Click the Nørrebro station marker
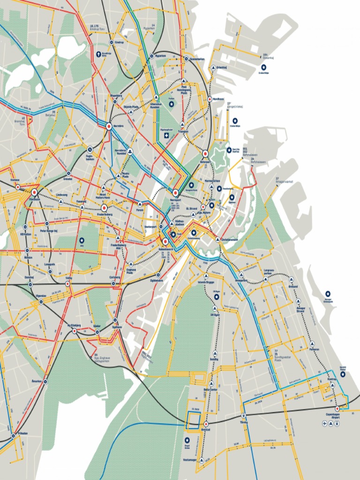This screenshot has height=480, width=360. pos(109,126)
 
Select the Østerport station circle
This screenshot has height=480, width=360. pos(205,153)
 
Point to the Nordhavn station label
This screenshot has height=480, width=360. pos(218,99)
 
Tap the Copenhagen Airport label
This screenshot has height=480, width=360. pos(336,415)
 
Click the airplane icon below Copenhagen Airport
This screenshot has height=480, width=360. pos(324,424)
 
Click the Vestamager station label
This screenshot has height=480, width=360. pos(190,460)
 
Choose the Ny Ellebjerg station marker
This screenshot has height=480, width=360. pos(75,331)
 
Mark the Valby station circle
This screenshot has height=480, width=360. pos(68,284)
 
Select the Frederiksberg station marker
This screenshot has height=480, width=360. pos(104,208)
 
